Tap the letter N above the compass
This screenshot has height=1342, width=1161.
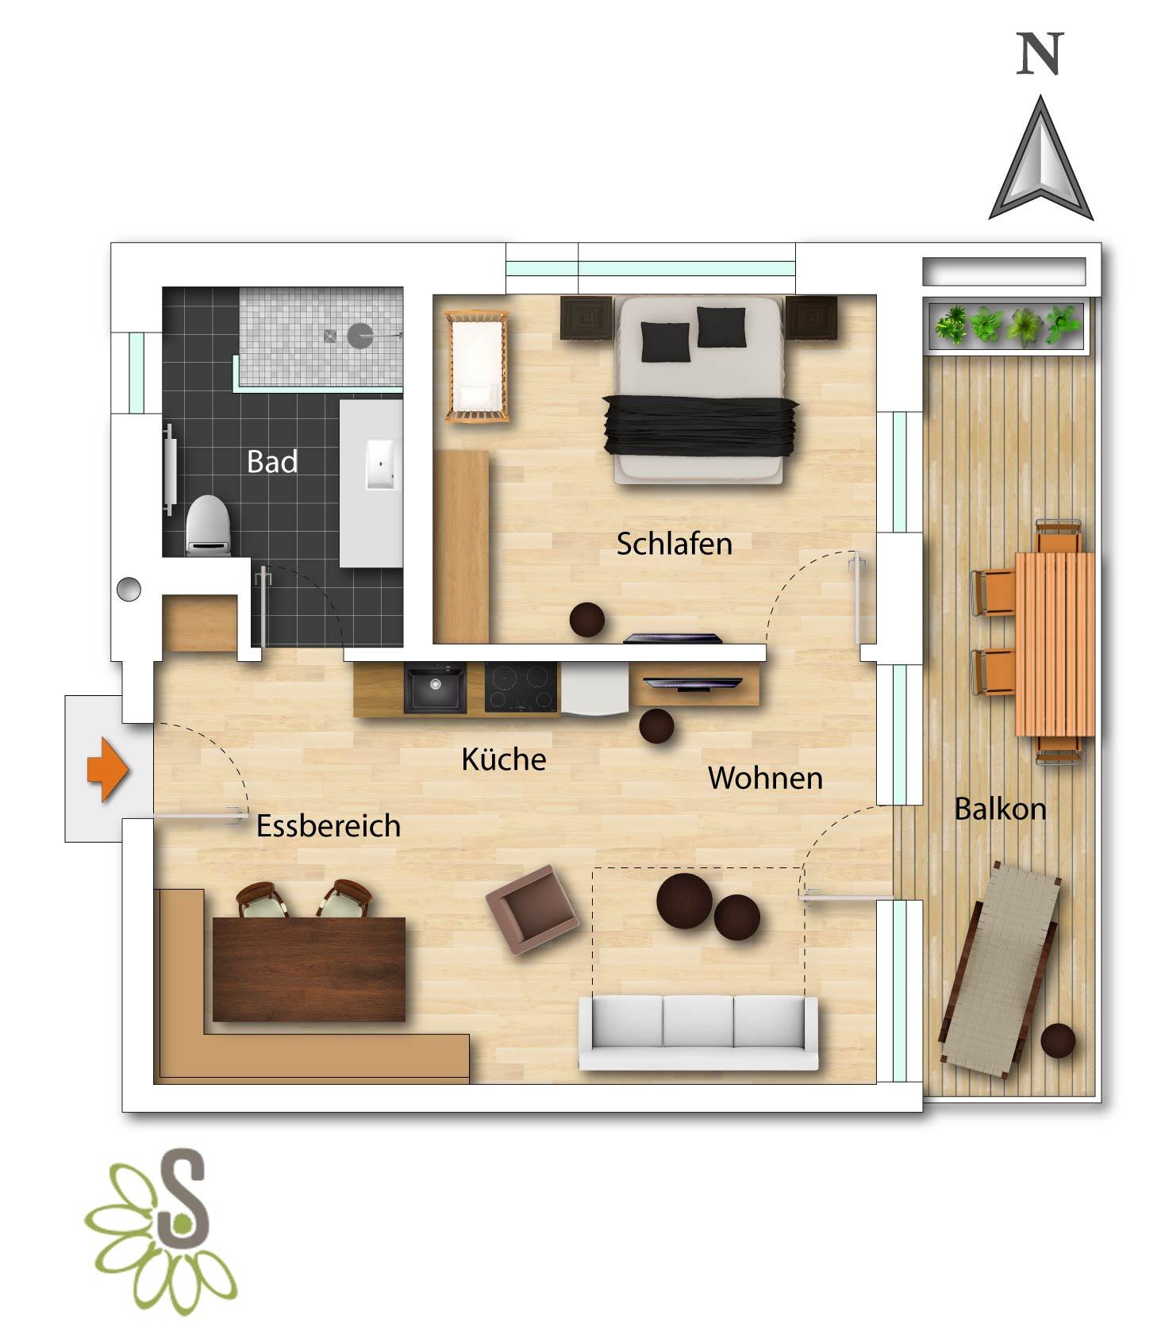(1040, 56)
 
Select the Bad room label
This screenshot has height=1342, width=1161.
(272, 462)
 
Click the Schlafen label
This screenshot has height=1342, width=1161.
(674, 544)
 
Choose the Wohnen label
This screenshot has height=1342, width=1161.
(765, 778)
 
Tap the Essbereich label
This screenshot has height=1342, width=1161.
(328, 826)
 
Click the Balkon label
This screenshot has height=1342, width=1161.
(1000, 809)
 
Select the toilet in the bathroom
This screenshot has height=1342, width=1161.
(208, 524)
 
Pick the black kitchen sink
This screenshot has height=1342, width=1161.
(435, 687)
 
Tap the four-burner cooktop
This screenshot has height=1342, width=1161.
(521, 687)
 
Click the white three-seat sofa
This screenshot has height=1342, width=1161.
(698, 1032)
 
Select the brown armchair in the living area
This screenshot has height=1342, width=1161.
(532, 910)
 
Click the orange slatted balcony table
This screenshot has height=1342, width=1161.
(1055, 644)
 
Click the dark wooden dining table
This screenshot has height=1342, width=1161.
(309, 969)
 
